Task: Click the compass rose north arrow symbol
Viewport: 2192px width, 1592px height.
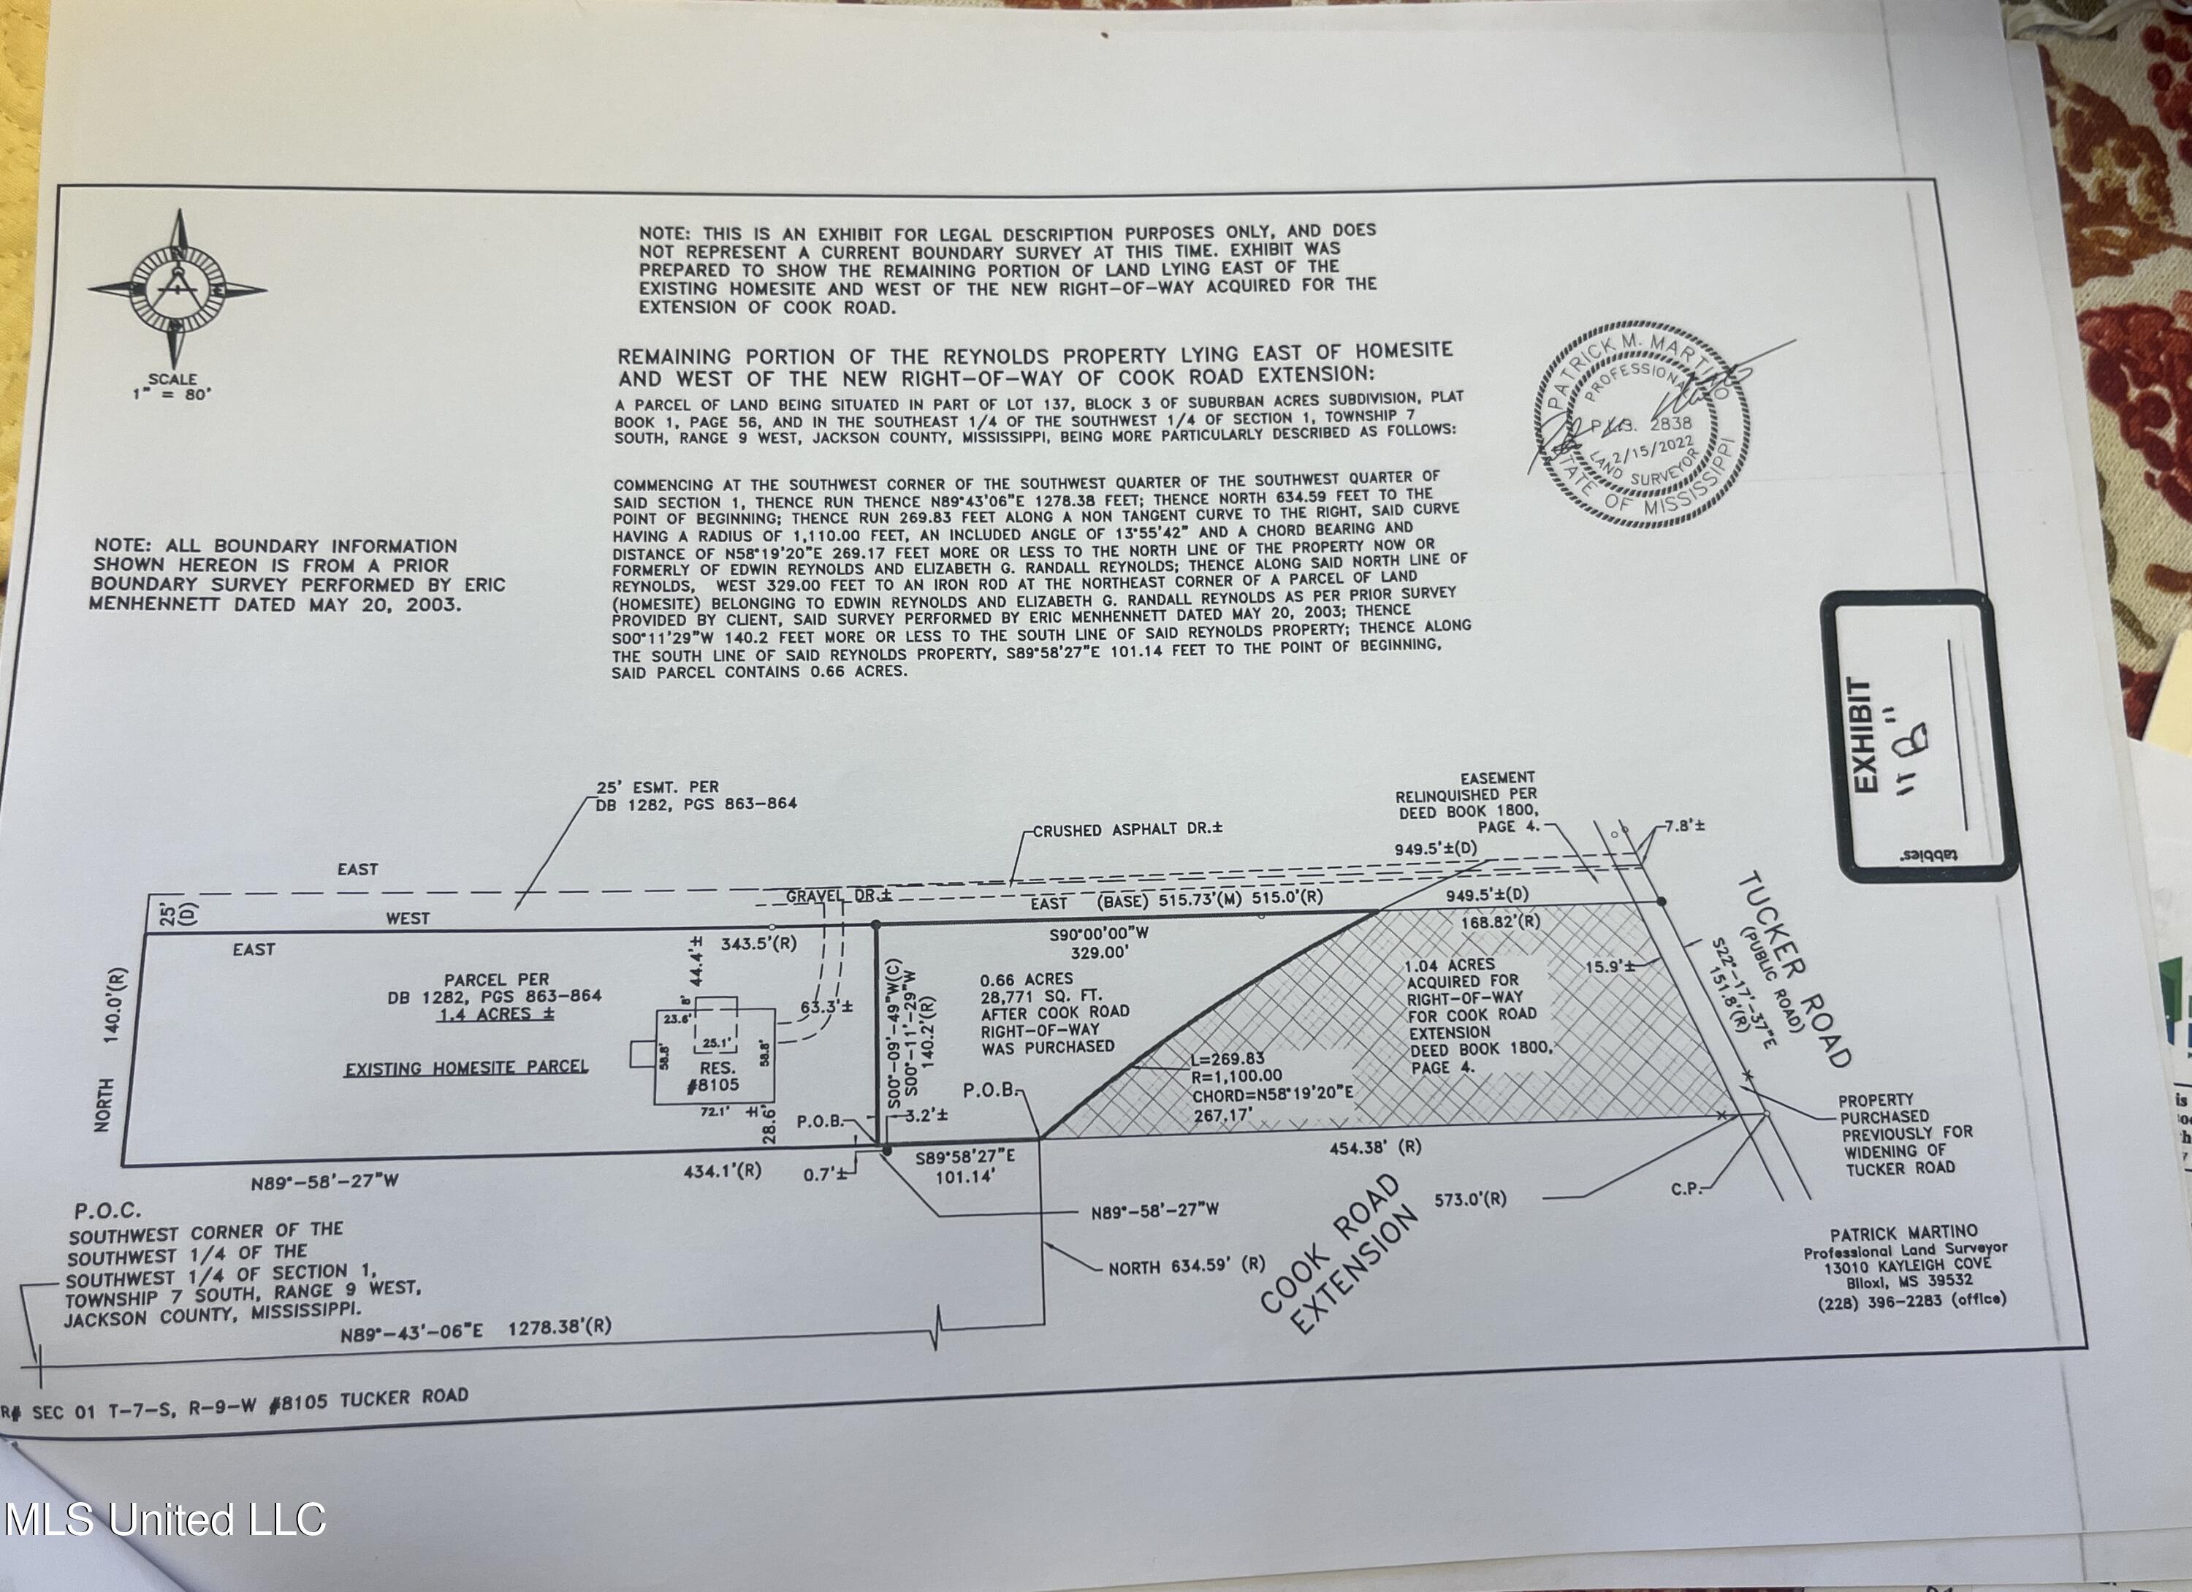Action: (177, 289)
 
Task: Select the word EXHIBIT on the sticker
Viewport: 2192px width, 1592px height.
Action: (1862, 734)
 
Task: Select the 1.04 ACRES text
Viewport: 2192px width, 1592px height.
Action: (1450, 964)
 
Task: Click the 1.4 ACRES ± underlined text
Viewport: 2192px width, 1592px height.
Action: (496, 1014)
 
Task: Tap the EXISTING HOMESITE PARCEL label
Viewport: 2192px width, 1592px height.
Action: (467, 1068)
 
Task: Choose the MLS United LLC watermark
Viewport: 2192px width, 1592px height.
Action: (164, 1520)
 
